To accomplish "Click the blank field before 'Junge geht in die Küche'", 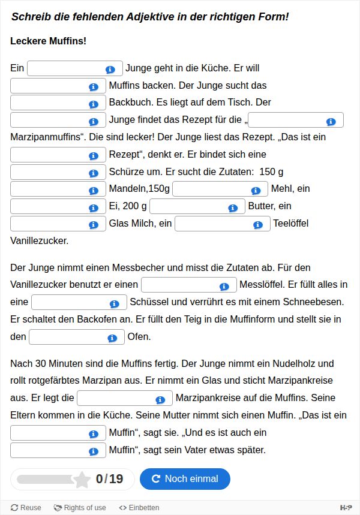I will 66,68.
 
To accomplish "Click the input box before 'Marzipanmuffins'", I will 287,121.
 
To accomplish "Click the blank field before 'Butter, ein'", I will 188,207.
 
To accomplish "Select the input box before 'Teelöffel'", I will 214,224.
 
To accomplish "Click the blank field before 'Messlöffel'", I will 180,285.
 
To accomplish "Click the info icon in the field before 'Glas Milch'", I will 93,225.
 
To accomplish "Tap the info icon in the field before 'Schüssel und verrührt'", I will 114,303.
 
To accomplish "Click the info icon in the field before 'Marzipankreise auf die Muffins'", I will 160,399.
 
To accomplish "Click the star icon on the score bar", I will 81,478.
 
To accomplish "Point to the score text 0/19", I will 109,478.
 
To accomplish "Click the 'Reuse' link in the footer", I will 26,508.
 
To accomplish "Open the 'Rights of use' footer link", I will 80,508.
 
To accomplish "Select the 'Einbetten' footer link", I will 139,508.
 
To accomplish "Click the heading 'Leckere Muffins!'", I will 49,41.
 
